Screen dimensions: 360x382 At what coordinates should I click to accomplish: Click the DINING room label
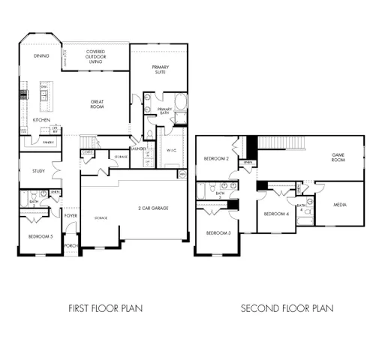tap(42, 56)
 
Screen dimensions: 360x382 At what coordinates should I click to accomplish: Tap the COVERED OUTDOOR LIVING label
tap(95, 56)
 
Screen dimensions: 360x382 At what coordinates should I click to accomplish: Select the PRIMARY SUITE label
tap(160, 70)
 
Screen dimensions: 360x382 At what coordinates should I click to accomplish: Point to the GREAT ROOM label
tap(96, 104)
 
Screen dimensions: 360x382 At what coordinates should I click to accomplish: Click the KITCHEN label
tap(41, 120)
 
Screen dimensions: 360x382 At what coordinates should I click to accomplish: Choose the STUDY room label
tap(39, 171)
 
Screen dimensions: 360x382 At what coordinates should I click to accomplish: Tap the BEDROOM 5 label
tap(39, 236)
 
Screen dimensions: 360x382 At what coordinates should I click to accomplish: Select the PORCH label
tap(71, 244)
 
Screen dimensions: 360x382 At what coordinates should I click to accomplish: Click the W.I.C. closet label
tap(171, 150)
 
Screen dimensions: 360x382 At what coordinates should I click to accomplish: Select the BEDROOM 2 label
tap(216, 158)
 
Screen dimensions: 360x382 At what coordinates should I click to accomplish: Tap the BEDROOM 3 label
tap(219, 233)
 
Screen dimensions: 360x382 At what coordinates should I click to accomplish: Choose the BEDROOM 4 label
tap(275, 214)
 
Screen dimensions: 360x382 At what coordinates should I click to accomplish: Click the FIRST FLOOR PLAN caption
tap(105, 308)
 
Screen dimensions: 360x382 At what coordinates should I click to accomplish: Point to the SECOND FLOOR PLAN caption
tap(287, 308)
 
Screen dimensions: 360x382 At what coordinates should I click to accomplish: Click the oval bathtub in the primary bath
tap(181, 103)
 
